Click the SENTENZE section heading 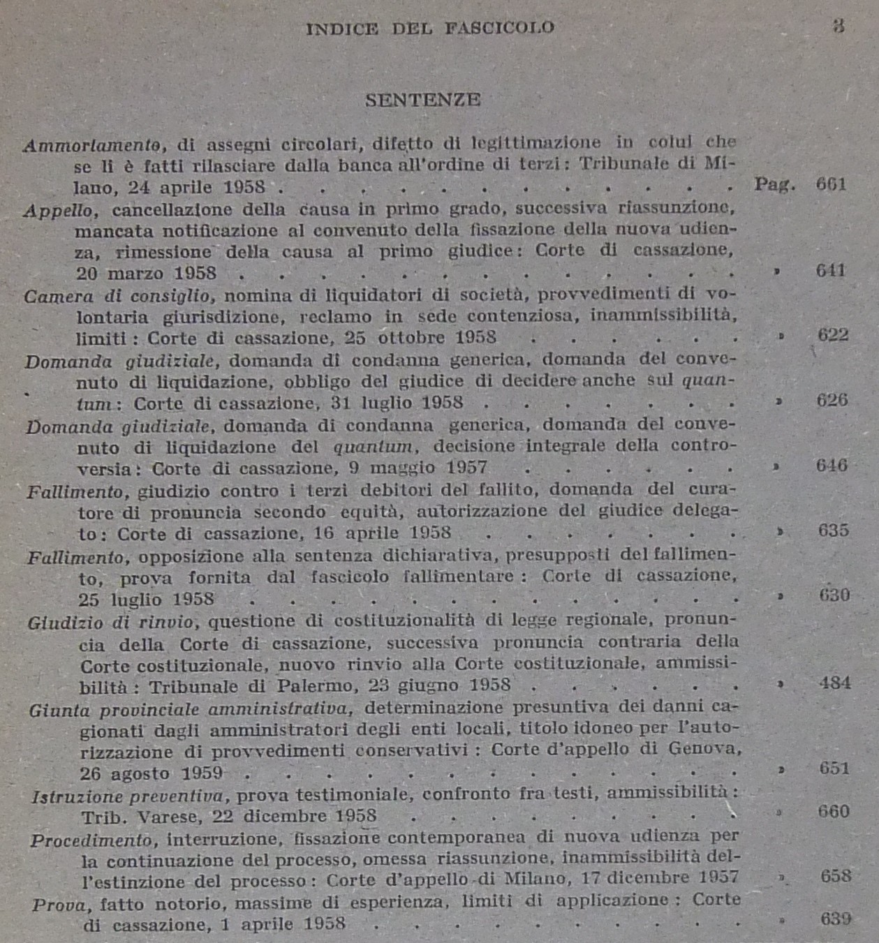tap(422, 100)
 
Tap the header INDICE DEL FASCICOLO tap(430, 29)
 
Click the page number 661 tap(831, 184)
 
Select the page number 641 tap(831, 270)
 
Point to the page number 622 tap(833, 335)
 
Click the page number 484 tap(834, 683)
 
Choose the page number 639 tap(835, 919)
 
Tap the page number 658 tap(836, 876)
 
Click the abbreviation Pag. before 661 tap(775, 184)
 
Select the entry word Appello tap(58, 210)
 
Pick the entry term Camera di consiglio tap(117, 296)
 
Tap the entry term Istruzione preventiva tap(128, 796)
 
